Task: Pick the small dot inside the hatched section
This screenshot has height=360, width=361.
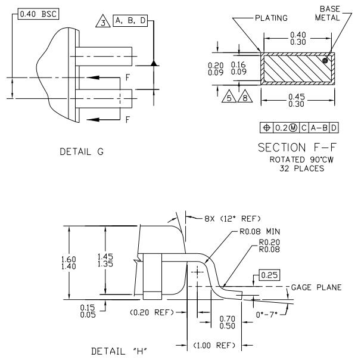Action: point(325,60)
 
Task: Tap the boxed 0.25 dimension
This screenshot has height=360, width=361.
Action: point(269,275)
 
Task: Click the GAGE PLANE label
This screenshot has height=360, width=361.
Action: point(316,287)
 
